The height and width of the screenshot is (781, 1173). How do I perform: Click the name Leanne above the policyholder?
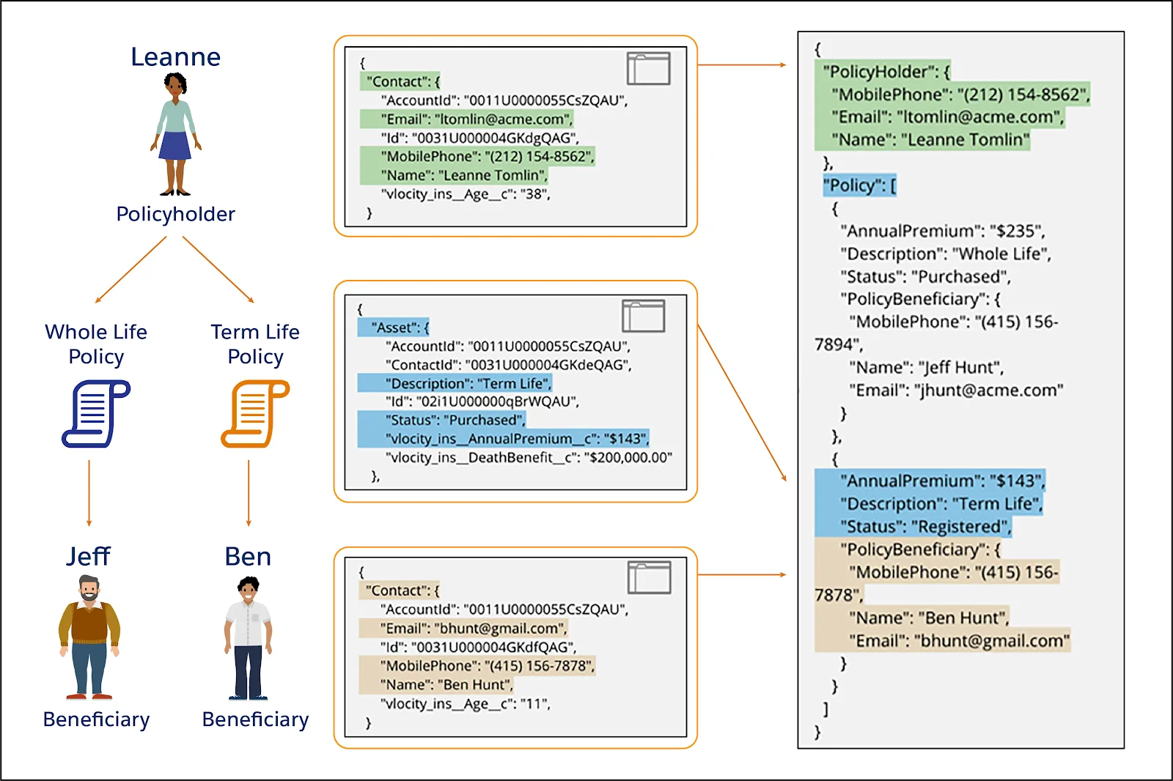click(175, 56)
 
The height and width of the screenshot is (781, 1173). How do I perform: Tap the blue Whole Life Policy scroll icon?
click(96, 413)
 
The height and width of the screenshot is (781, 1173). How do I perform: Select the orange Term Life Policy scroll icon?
click(256, 413)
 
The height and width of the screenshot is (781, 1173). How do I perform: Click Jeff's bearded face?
click(89, 589)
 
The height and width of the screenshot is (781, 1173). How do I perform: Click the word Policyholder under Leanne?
click(175, 214)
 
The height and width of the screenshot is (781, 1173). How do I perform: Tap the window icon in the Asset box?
click(644, 317)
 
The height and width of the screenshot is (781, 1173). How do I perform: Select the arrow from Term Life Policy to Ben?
click(249, 493)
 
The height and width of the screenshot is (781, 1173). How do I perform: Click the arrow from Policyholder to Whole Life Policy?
click(131, 270)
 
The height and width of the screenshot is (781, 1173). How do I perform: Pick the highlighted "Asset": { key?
click(400, 327)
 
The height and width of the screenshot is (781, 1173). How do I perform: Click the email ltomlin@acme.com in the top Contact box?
click(504, 119)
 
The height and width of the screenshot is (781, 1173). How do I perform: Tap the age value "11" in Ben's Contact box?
click(534, 703)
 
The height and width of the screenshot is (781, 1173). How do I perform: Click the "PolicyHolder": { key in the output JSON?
click(886, 71)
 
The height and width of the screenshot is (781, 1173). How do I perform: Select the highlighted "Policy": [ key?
click(859, 185)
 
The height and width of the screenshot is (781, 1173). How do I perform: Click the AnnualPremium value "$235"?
click(1010, 231)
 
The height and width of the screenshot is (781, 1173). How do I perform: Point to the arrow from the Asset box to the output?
click(742, 403)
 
